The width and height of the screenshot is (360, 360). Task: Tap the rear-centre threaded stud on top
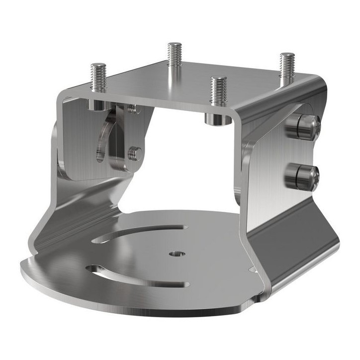click(x=175, y=55)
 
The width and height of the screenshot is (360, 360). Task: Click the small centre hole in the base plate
click(x=175, y=254)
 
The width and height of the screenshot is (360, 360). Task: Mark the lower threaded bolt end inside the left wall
click(x=133, y=153)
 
